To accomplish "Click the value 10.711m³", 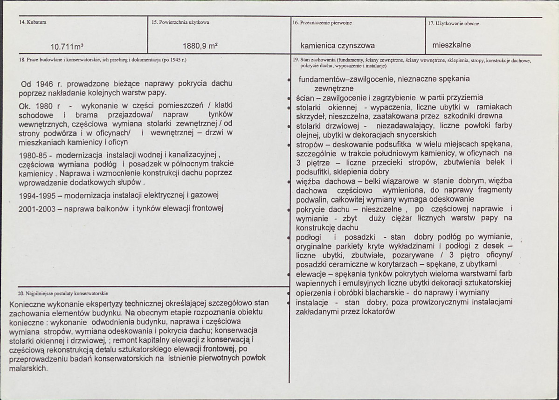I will pos(70,46).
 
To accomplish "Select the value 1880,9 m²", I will pos(200,46).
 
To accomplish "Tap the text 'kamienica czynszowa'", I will pos(338,46).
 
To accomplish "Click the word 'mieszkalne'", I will pos(452,45).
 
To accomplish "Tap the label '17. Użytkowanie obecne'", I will pos(453,23).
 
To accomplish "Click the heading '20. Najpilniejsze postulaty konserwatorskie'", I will pos(62,293).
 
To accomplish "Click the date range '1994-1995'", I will pos(35,194).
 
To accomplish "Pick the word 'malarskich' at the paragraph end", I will pos(28,368).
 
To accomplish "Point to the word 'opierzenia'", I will pos(313,292).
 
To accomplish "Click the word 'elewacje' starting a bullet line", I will pos(311,274).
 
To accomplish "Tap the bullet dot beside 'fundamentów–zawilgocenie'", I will pos(290,80).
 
